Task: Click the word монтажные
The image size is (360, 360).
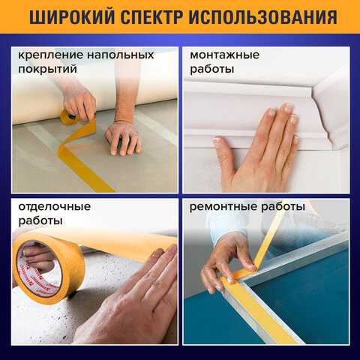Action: pos(224,55)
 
